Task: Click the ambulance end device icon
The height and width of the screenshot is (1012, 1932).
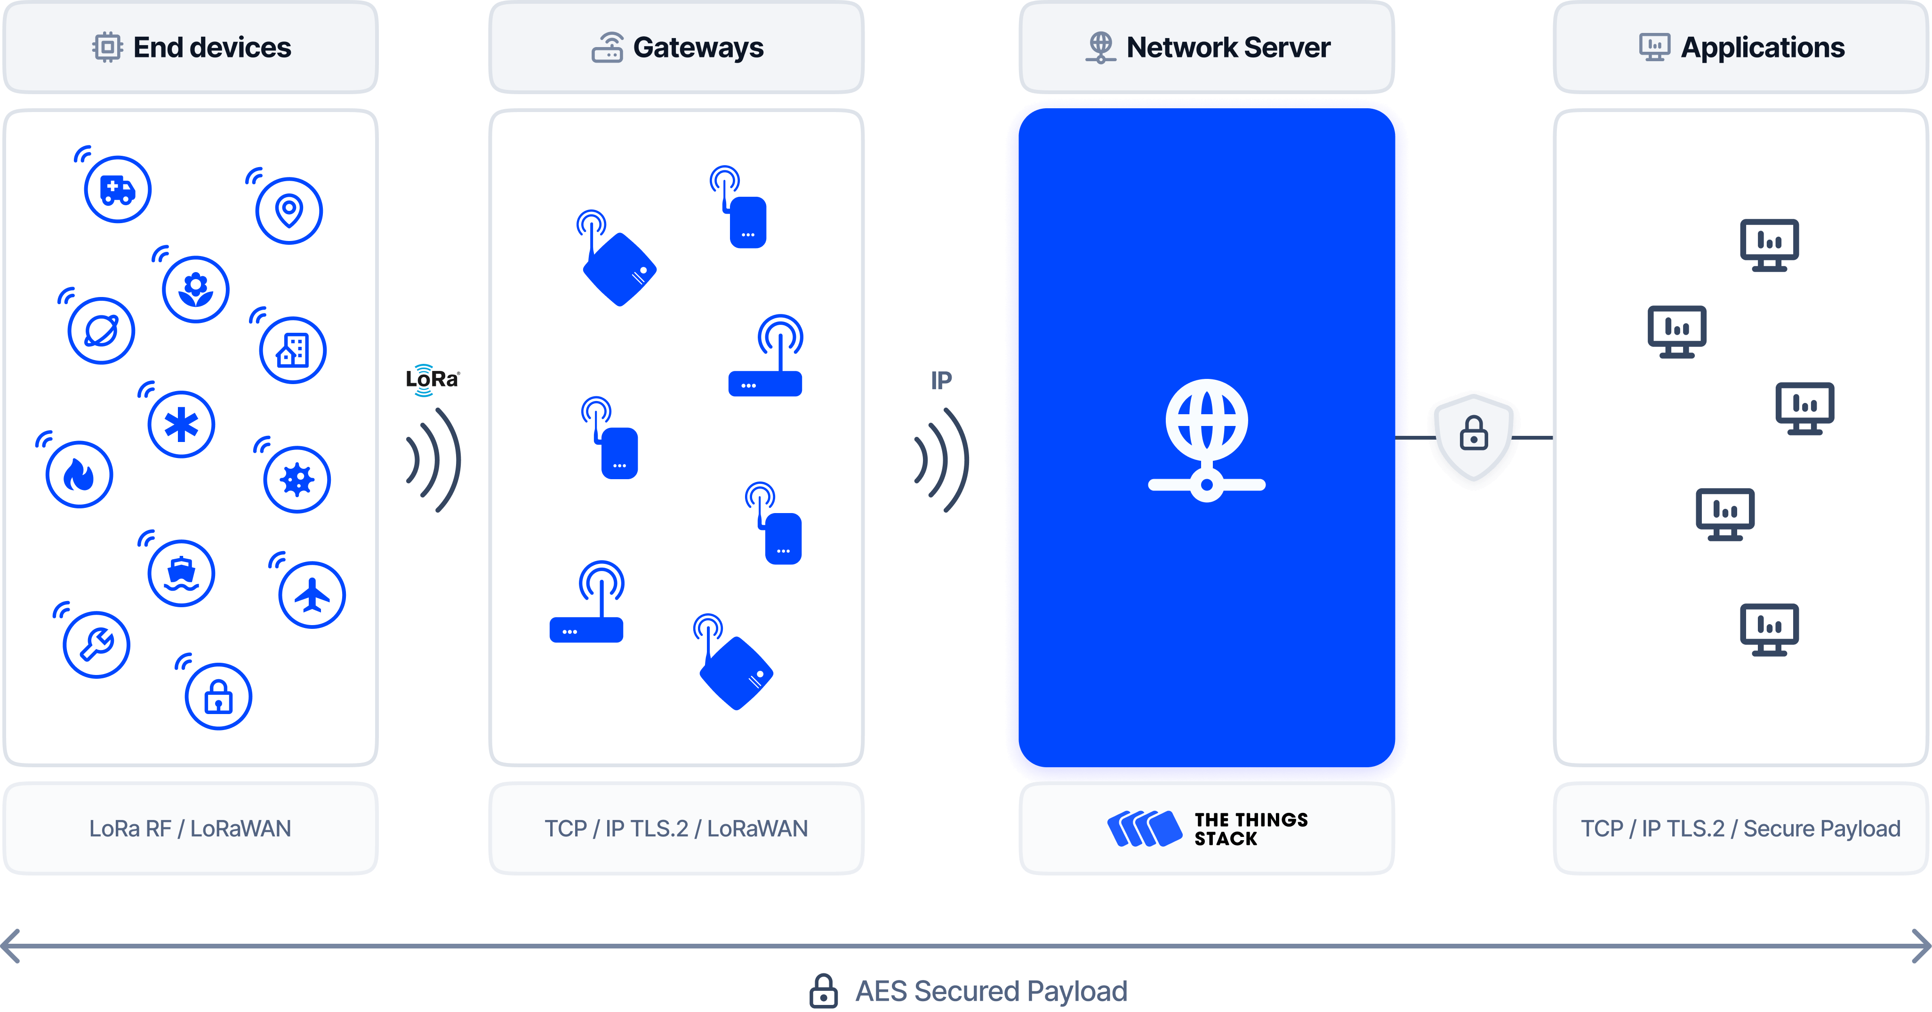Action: coord(117,189)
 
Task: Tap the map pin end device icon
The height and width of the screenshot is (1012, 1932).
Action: coord(289,211)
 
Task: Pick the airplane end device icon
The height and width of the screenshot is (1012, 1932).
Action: coord(312,595)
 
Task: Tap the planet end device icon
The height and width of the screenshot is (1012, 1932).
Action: coord(101,331)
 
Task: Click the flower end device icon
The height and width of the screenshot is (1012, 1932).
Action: coord(196,289)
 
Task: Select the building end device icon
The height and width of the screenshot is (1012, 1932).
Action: coord(292,350)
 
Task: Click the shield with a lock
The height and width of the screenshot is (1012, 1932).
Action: coord(1474,438)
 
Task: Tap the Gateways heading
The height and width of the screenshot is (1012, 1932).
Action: coord(697,47)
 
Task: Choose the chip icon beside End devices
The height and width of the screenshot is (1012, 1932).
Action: coord(107,47)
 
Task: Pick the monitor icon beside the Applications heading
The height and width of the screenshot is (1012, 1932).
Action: coord(1654,47)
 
